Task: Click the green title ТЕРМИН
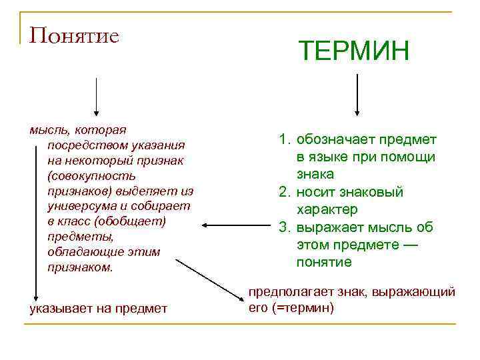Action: tap(353, 51)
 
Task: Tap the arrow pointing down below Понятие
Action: tap(97, 97)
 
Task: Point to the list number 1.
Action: tap(285, 140)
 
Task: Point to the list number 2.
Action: tap(285, 193)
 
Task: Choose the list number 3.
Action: tap(285, 228)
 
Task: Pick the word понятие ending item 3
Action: tap(324, 263)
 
